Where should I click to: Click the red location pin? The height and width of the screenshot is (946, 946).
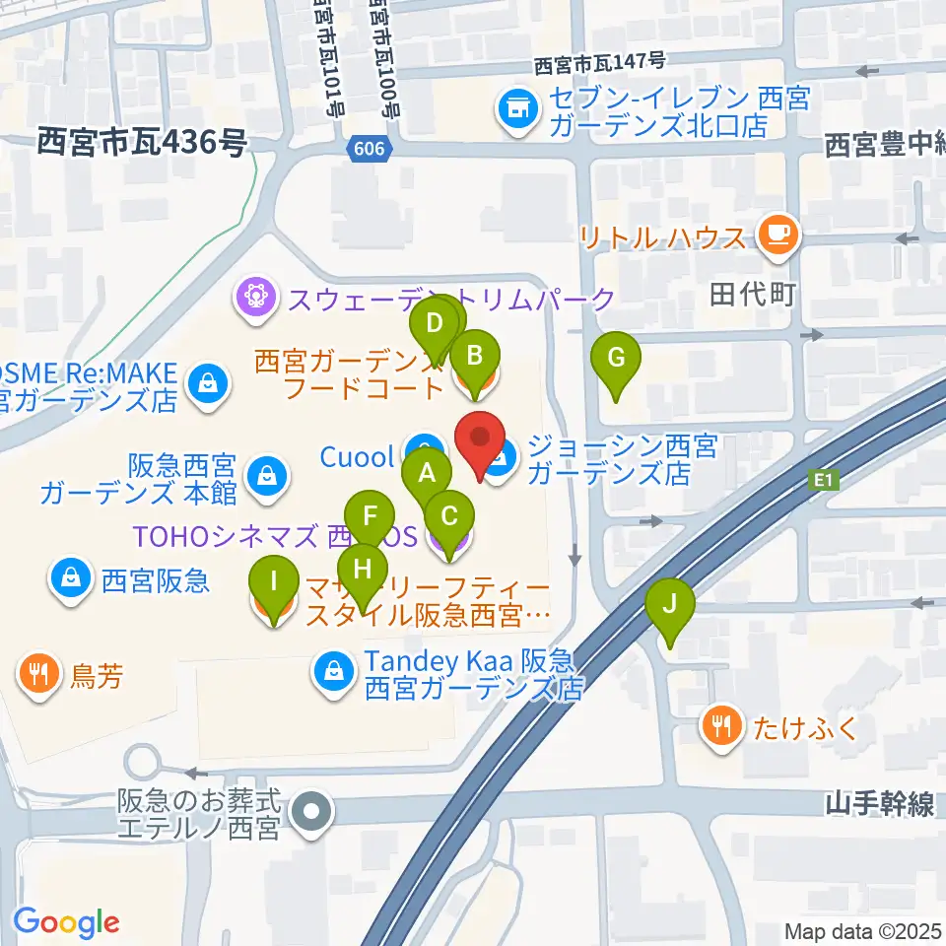(480, 443)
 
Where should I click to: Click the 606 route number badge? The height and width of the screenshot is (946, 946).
(372, 149)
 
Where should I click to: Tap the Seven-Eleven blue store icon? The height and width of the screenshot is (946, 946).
(515, 109)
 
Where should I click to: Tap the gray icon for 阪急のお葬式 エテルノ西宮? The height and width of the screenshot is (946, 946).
(313, 813)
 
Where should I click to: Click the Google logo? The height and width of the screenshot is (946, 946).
(66, 922)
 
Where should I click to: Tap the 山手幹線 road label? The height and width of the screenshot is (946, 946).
(879, 804)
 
